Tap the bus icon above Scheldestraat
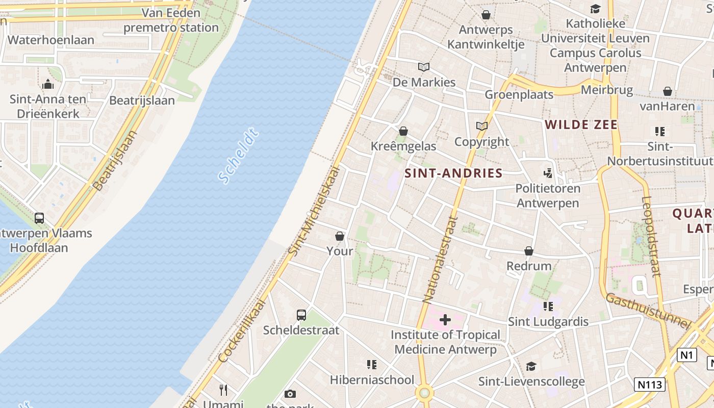click(x=301, y=315)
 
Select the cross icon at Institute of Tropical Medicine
click(x=445, y=320)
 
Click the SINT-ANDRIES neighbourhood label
click(x=453, y=173)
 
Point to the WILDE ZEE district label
click(x=581, y=125)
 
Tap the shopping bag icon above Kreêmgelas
click(x=403, y=131)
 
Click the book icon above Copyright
click(x=481, y=126)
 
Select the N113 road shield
click(x=650, y=384)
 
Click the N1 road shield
click(x=687, y=355)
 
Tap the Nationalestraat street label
click(x=440, y=259)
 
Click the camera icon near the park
click(x=290, y=394)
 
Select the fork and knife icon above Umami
click(x=223, y=390)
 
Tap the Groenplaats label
click(x=519, y=94)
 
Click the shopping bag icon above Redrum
click(x=529, y=251)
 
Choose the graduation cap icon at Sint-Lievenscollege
click(x=531, y=366)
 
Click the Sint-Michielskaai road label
click(x=314, y=210)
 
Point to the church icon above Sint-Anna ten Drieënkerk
click(x=48, y=84)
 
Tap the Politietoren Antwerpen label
click(x=548, y=195)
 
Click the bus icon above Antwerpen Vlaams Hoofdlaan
click(x=39, y=218)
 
